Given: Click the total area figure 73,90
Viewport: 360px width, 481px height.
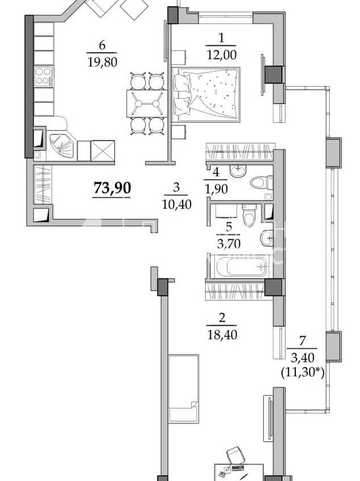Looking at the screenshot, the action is point(112,188).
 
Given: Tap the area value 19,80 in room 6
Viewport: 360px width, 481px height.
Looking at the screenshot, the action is point(103,62).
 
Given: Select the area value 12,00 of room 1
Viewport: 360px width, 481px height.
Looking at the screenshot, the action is point(222,55).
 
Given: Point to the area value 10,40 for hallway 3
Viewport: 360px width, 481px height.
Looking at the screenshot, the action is point(176,204).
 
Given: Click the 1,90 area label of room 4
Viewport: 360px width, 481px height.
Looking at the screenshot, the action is point(216,189).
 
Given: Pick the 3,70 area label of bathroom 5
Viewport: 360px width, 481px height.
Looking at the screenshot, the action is point(228,244).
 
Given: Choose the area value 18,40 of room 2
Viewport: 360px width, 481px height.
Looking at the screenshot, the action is point(222,334).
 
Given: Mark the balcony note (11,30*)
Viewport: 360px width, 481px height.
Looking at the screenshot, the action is point(303,373).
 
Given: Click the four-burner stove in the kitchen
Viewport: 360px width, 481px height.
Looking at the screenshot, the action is point(44,76).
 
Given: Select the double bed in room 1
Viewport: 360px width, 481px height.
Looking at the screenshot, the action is point(206,95).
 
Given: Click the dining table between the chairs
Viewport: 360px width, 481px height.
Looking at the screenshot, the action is point(147,104).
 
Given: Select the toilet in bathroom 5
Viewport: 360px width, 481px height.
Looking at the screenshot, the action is point(249,215).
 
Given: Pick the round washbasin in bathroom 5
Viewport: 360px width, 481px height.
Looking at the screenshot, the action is point(266,238).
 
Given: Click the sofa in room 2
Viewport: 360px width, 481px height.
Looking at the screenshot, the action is point(184,389).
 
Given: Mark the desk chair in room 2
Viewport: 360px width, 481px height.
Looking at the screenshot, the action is point(235,456).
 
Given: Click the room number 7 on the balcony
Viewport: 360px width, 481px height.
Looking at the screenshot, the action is point(302,341).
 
